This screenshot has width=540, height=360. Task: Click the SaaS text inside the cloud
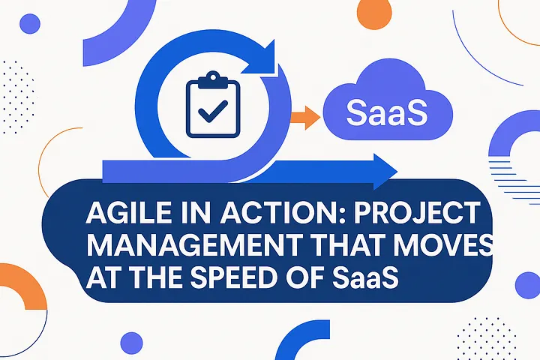pyautogui.click(x=387, y=115)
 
